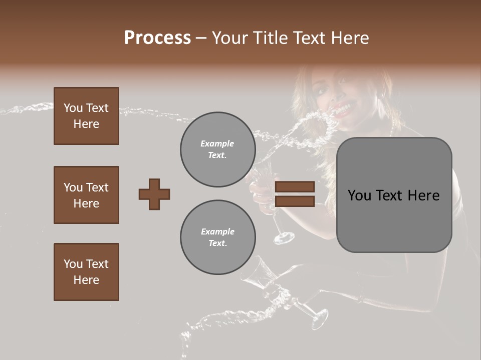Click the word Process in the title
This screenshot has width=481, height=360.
(x=157, y=37)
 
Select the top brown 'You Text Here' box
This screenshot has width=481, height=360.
(x=86, y=116)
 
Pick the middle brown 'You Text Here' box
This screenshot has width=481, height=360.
(x=86, y=195)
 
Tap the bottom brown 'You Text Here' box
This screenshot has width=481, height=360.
(x=86, y=272)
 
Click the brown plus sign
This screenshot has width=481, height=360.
(x=154, y=194)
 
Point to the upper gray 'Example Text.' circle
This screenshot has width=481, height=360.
(x=217, y=149)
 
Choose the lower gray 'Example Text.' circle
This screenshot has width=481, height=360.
(x=217, y=237)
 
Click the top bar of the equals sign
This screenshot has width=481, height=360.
(x=295, y=187)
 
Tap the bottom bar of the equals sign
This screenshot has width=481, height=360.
(x=295, y=201)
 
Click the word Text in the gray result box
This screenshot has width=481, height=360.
(x=393, y=195)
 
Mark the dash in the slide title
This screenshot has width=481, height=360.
(x=201, y=38)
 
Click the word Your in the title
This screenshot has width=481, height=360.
(x=230, y=37)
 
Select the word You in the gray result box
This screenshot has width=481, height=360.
(x=359, y=195)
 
